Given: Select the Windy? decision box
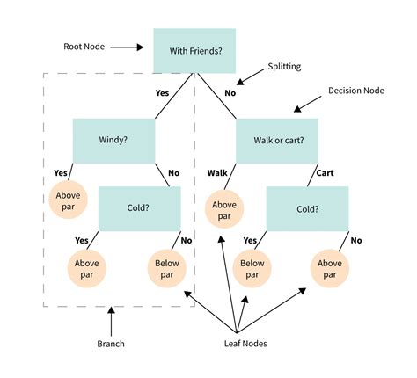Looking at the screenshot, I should pyautogui.click(x=114, y=139).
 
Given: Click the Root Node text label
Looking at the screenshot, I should pyautogui.click(x=85, y=47).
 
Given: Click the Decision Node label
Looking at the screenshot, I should pyautogui.click(x=356, y=91).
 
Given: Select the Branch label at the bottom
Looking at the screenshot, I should pyautogui.click(x=110, y=345).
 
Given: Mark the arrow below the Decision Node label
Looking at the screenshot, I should pyautogui.click(x=305, y=108).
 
